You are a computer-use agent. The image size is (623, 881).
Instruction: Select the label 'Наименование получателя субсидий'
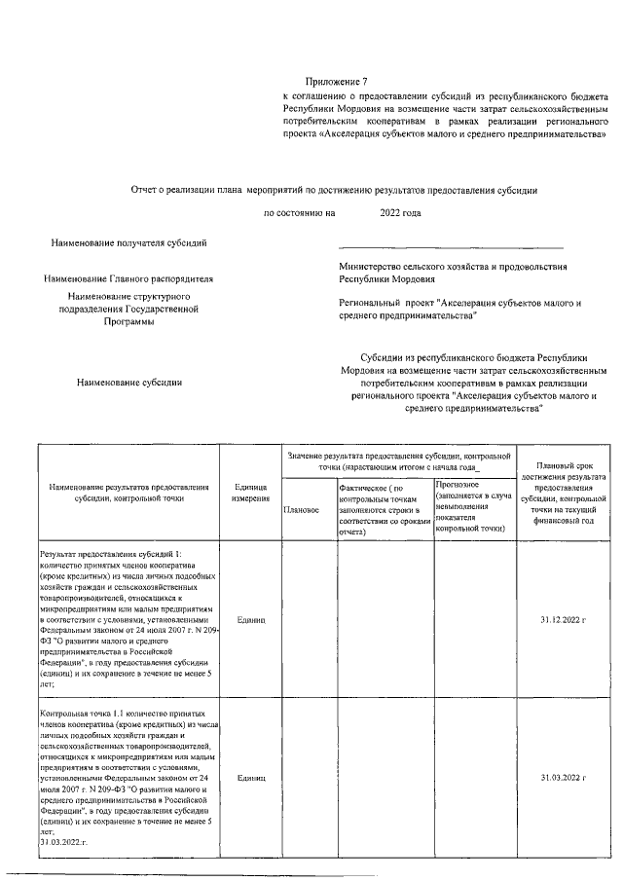(128, 242)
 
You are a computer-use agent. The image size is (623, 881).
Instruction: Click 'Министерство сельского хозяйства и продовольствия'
(453, 266)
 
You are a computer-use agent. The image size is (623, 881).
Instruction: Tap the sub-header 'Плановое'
(300, 509)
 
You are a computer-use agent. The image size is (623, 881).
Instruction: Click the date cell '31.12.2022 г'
(566, 618)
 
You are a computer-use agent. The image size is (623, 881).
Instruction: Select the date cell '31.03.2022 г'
(566, 778)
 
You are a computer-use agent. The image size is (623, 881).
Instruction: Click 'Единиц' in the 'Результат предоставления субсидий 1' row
(251, 618)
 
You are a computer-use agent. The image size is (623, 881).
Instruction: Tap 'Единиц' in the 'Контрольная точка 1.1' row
(251, 778)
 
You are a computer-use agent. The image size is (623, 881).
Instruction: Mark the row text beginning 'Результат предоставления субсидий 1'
(128, 618)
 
